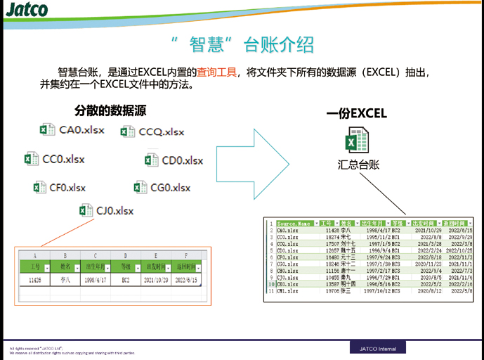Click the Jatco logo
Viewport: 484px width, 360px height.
(x=27, y=10)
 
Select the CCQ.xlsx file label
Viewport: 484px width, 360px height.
(x=162, y=131)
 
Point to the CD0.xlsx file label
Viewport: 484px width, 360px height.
(x=182, y=160)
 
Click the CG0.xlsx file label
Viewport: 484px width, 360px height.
(x=170, y=187)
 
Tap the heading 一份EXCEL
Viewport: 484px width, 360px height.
(x=356, y=113)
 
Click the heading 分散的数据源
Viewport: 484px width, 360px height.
(x=110, y=110)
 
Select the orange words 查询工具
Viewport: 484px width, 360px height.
(x=216, y=71)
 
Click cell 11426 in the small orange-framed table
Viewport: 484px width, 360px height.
(x=35, y=279)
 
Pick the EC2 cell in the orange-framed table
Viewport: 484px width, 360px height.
(x=126, y=279)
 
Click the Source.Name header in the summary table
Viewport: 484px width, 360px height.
(x=294, y=224)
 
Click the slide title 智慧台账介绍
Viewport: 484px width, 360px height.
(x=242, y=44)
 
